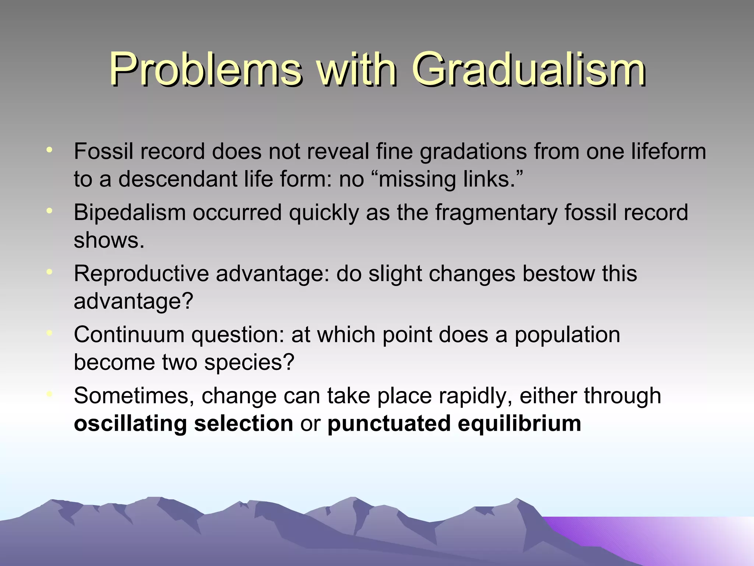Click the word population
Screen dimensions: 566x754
[567, 335]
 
